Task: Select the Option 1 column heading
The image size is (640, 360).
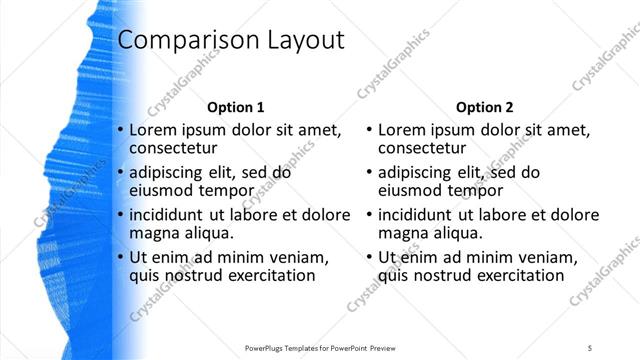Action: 235,107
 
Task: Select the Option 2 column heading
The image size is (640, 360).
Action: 485,107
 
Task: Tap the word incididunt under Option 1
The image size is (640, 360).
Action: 171,215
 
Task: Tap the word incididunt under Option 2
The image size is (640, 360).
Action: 421,215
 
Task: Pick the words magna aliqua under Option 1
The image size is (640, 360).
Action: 181,233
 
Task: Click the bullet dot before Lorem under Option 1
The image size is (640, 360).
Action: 121,131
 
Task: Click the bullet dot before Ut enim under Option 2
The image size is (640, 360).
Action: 371,257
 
